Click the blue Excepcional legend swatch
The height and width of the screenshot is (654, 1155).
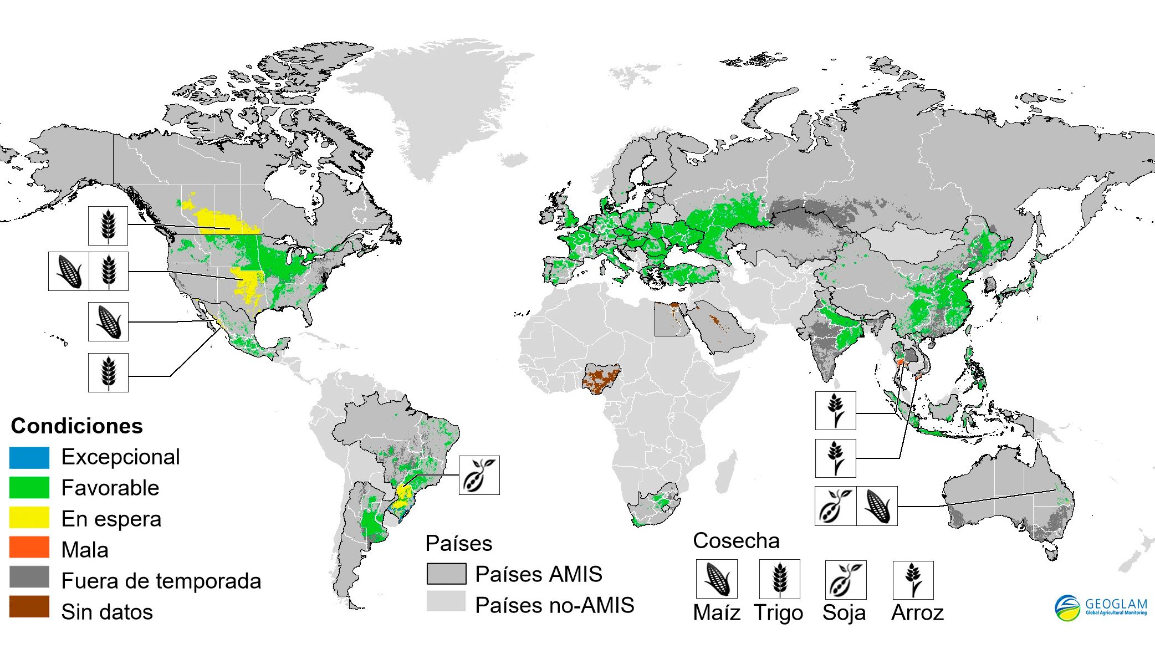tap(29, 457)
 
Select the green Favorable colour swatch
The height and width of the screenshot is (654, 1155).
tap(29, 487)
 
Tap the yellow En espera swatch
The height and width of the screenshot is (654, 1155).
tap(29, 518)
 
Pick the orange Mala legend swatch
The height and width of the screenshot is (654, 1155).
tap(29, 548)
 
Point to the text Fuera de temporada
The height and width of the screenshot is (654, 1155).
tap(161, 581)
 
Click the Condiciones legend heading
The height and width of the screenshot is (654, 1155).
tap(77, 426)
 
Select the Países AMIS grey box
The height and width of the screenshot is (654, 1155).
tap(446, 574)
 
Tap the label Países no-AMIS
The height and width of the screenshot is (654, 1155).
tap(554, 605)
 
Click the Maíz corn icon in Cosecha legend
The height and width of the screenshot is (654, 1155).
tap(717, 579)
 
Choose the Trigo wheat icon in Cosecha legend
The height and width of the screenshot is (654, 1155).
tap(779, 579)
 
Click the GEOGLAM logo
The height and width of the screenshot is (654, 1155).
tap(1100, 608)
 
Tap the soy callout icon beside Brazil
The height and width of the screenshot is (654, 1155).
tap(479, 475)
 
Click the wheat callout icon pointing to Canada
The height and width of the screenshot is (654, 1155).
tap(108, 226)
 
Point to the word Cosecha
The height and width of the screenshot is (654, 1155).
tap(736, 540)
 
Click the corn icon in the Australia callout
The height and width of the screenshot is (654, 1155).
tap(877, 506)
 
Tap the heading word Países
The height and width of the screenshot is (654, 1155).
tap(459, 543)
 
